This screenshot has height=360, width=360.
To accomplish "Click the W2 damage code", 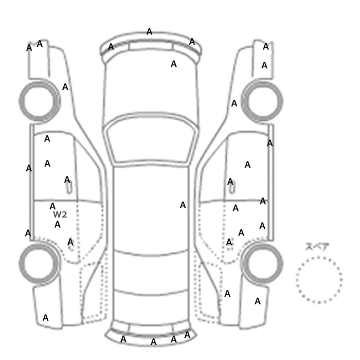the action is tap(60, 214).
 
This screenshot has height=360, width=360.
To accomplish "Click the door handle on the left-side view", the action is tap(69, 188).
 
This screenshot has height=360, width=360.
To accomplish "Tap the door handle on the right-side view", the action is tap(232, 188).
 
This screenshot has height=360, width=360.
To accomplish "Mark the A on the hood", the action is tap(174, 64).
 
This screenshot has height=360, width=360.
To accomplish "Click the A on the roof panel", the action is tap(183, 205).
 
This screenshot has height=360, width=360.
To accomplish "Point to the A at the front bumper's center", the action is tap(149, 31).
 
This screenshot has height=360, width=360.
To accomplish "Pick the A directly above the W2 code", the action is tap(52, 206).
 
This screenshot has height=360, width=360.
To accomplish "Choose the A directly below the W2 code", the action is tap(58, 224).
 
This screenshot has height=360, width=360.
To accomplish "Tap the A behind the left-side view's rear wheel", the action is tap(45, 318).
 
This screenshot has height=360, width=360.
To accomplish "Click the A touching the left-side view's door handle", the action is tap(67, 179).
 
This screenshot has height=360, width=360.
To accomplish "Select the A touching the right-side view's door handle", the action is tap(230, 182).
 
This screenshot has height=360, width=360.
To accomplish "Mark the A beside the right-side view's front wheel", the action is tap(234, 103).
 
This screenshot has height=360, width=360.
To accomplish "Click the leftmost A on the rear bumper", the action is tap(123, 339).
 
